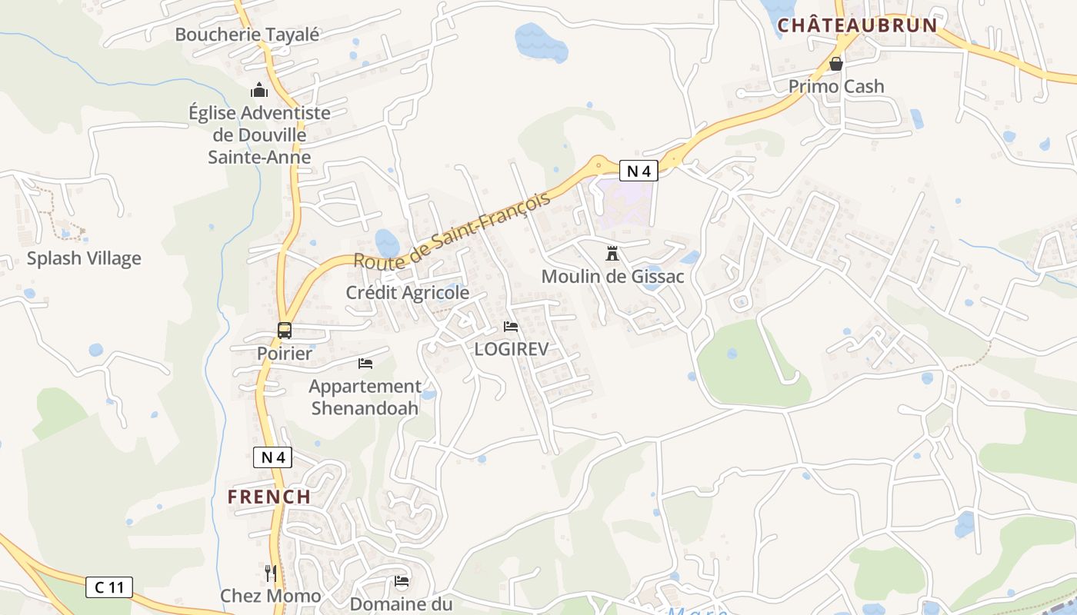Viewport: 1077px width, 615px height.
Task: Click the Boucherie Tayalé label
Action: [247, 35]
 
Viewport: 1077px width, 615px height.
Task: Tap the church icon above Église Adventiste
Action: [259, 90]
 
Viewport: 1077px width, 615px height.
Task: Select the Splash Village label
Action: [84, 258]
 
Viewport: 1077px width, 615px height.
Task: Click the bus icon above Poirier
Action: [285, 331]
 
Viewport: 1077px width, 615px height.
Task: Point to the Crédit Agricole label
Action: [407, 293]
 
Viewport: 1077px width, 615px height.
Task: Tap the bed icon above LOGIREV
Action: [511, 327]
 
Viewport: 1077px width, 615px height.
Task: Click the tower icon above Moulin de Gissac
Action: [612, 253]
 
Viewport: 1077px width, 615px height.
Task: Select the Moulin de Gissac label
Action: [612, 277]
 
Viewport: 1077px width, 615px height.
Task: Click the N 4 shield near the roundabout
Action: [639, 171]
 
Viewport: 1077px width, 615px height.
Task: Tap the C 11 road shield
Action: [108, 588]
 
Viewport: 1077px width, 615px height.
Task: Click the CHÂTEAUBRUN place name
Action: [857, 25]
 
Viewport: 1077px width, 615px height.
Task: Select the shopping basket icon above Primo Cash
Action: [836, 64]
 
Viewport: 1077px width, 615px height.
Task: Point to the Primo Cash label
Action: [836, 86]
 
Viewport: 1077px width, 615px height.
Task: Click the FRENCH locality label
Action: [269, 497]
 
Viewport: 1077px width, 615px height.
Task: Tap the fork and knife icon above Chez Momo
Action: [271, 573]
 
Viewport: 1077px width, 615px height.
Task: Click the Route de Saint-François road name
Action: [452, 230]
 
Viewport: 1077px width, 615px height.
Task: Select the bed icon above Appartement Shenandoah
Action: [365, 363]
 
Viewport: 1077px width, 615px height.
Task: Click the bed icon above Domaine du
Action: [401, 580]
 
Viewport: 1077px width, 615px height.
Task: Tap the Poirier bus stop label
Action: [285, 354]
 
